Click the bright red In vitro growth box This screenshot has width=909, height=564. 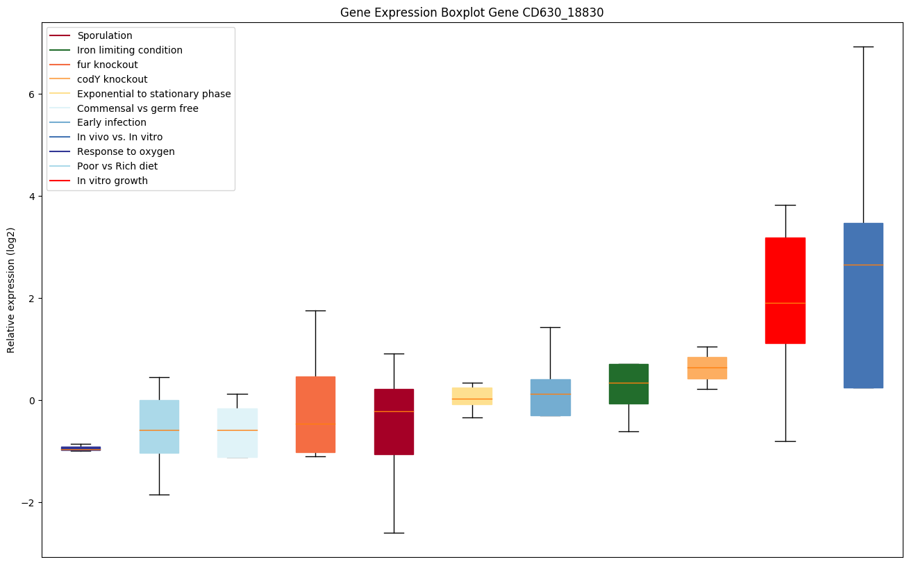coord(785,290)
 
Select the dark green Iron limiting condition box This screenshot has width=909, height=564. coord(628,383)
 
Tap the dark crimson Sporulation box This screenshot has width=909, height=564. coord(394,422)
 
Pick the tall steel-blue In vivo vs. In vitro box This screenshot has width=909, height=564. coord(863,306)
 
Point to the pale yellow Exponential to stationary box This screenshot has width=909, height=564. coord(472,396)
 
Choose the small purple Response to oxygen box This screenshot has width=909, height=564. coord(81,449)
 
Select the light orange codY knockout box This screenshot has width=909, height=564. coord(707,368)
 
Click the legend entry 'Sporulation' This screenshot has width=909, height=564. coord(105,35)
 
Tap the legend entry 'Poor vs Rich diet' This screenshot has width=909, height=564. coord(117,166)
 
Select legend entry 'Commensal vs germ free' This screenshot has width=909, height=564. coord(137,108)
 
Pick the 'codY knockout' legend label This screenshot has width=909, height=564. coord(112,79)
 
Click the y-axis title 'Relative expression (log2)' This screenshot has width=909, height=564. coord(11,290)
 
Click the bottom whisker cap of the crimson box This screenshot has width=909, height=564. coord(394,533)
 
